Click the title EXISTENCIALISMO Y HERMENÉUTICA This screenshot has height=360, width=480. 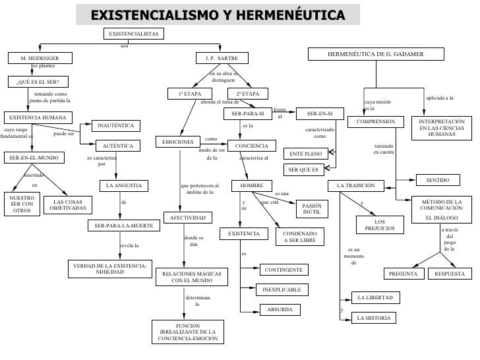(x=218, y=15)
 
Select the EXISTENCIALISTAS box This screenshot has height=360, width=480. (x=133, y=34)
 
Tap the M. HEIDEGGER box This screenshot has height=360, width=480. (x=40, y=58)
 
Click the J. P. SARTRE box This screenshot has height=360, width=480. (x=222, y=58)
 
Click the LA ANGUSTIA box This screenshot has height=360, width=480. (x=123, y=186)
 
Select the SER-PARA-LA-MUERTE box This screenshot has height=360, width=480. (x=123, y=225)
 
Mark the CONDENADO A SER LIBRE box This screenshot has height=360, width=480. (x=300, y=237)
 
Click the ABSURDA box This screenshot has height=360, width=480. (x=280, y=309)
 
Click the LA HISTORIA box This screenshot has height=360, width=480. (x=374, y=318)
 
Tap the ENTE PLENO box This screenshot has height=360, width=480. (x=305, y=154)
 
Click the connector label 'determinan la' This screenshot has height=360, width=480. (x=197, y=301)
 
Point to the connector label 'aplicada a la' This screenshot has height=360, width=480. (x=440, y=98)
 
